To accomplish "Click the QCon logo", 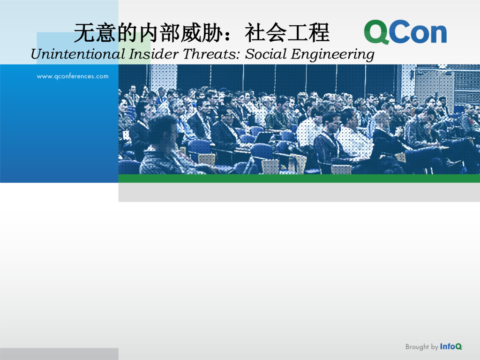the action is [x=405, y=32].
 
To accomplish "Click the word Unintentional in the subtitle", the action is [x=78, y=54].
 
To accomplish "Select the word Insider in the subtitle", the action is [x=153, y=54].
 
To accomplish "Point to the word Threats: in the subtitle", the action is [x=212, y=54].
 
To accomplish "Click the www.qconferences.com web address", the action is [x=73, y=76].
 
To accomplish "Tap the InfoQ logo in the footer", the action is [x=451, y=346].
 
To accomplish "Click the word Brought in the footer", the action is [x=417, y=347].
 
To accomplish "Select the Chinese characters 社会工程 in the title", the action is [x=287, y=32].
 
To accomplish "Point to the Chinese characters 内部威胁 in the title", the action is [x=181, y=32].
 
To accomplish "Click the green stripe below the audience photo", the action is [x=299, y=179].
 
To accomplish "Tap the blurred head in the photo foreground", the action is [x=163, y=132].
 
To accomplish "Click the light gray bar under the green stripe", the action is [x=299, y=192].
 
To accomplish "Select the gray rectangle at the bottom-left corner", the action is [x=59, y=354].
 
